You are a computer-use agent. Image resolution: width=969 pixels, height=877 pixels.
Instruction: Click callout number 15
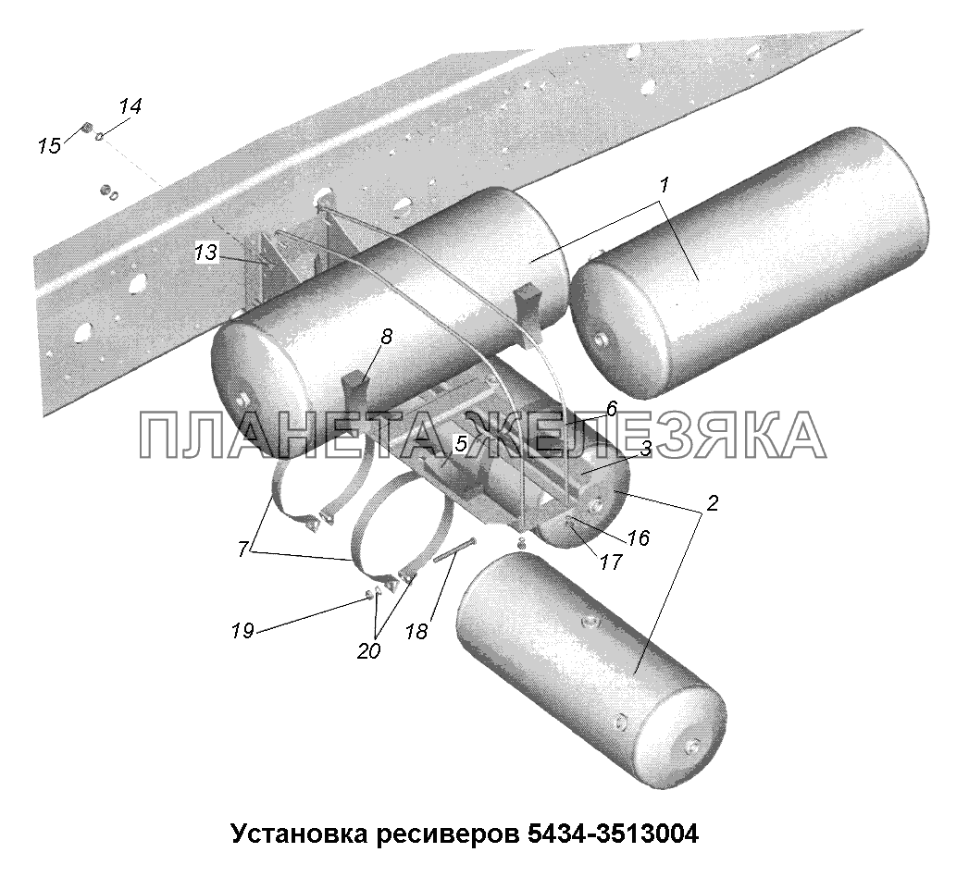[49, 146]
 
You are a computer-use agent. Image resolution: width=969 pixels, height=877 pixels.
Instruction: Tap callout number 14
[130, 106]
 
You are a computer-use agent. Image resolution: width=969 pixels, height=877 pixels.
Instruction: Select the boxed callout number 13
[205, 252]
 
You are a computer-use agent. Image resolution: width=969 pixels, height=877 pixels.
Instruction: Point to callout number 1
[664, 185]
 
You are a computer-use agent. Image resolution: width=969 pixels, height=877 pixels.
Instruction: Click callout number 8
[386, 338]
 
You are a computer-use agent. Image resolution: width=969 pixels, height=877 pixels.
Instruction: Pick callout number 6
[612, 408]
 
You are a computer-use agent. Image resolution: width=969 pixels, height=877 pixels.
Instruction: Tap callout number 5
[461, 443]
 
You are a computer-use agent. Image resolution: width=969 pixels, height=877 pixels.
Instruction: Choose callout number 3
[646, 449]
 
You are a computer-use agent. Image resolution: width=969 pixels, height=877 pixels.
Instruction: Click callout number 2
[712, 503]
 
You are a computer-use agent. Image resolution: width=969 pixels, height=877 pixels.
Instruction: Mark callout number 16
[639, 537]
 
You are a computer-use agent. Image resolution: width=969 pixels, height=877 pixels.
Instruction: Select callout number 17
[610, 562]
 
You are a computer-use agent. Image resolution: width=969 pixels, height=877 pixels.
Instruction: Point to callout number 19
[242, 631]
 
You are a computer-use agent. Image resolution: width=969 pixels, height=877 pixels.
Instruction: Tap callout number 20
[368, 650]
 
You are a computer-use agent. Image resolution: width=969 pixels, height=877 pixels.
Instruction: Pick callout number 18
[417, 631]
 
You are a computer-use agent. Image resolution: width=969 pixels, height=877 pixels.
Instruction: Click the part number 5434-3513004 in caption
[613, 834]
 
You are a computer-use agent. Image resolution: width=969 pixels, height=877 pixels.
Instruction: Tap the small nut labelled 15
[88, 128]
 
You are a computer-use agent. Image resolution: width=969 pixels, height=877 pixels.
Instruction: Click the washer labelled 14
[100, 135]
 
